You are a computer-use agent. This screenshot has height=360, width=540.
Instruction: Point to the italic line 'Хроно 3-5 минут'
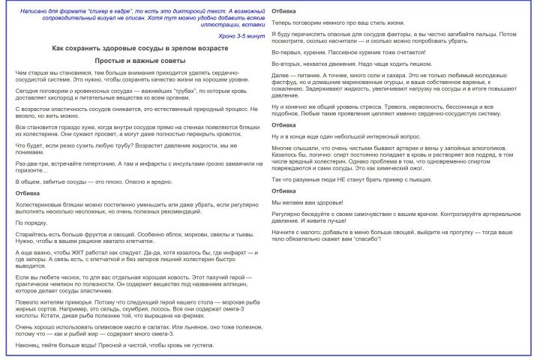click(241, 35)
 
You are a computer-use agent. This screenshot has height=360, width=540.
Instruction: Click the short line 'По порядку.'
click(31, 223)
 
